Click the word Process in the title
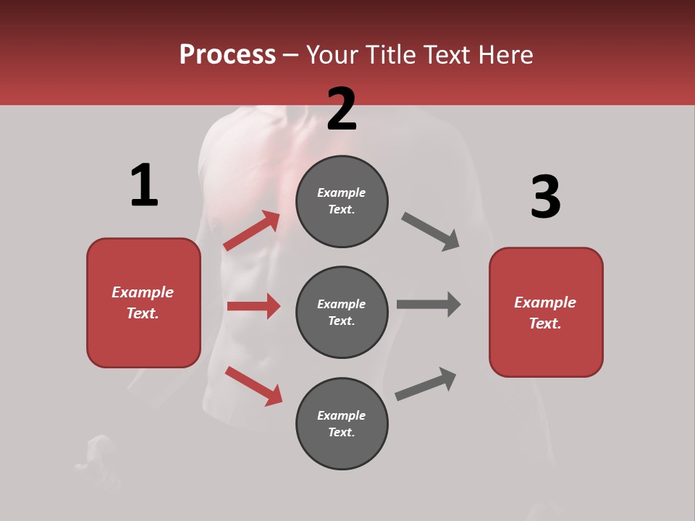pos(227,55)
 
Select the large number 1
pos(144,186)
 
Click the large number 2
pos(342,109)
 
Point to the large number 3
pos(545,198)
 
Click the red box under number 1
pos(143,302)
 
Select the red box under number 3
pos(546,313)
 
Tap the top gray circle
pos(342,201)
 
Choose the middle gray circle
pos(342,312)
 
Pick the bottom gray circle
pos(342,423)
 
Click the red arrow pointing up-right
pos(252,231)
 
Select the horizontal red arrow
pos(253,306)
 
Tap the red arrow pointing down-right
pos(253,386)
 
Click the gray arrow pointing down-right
pos(431,232)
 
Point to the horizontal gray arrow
pos(429,304)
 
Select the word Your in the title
pos(330,55)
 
